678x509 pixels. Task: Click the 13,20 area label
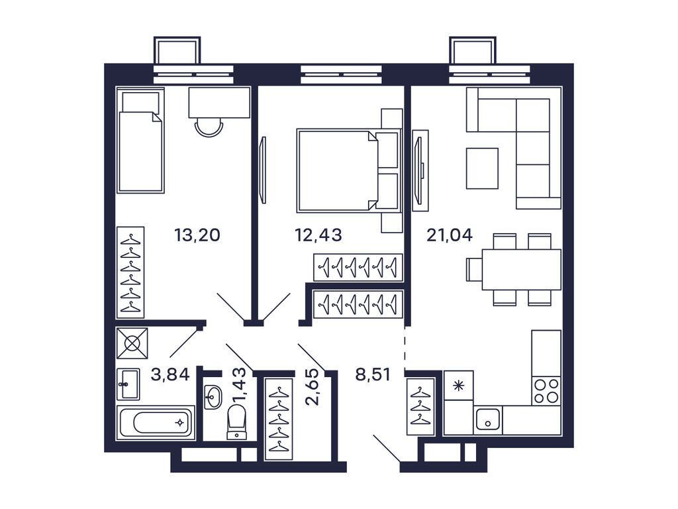click(197, 235)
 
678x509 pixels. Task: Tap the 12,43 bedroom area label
click(318, 235)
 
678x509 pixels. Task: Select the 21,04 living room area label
click(449, 235)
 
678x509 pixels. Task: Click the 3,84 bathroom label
click(170, 375)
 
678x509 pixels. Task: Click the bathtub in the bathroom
click(156, 422)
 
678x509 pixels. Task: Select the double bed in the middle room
click(341, 171)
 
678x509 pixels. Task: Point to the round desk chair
click(209, 126)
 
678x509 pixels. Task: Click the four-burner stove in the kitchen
click(546, 390)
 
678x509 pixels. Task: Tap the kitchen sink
click(489, 420)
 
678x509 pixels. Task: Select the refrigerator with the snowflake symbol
click(458, 385)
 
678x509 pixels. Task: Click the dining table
click(521, 269)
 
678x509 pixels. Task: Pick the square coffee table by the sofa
click(482, 168)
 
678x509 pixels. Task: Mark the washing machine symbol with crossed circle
click(132, 343)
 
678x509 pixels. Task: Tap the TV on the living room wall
click(420, 170)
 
